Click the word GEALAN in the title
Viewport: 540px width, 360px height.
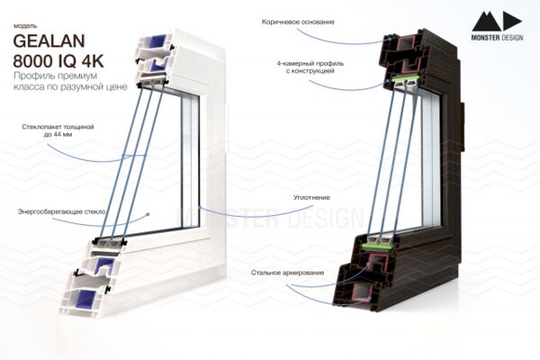(49, 41)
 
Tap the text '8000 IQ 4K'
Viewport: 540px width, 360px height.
(58, 61)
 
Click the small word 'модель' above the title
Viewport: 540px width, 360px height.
(25, 26)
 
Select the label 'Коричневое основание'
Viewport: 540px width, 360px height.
(298, 22)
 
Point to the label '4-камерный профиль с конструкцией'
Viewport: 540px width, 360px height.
(310, 67)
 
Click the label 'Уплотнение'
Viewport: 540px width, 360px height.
(311, 198)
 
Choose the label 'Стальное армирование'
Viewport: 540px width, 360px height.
(288, 273)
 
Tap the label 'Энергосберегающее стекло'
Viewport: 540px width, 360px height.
(61, 211)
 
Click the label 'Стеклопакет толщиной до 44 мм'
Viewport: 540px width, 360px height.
(58, 130)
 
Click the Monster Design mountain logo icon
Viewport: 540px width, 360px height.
(497, 22)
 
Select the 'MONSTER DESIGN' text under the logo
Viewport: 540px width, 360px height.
(497, 38)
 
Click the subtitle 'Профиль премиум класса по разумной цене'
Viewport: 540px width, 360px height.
(70, 81)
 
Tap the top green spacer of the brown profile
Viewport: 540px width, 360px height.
(405, 79)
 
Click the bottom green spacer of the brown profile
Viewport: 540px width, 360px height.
(377, 246)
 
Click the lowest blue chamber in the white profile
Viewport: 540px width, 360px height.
(85, 298)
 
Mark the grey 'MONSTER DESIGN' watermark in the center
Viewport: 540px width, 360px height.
(270, 218)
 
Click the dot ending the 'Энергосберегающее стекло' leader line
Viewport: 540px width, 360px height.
(148, 214)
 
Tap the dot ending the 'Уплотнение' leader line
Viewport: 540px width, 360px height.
(200, 207)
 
